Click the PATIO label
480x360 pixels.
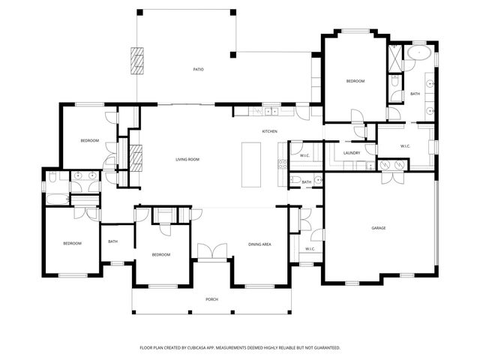pyautogui.click(x=198, y=69)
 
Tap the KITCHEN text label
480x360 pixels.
pyautogui.click(x=269, y=131)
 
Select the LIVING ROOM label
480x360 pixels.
pyautogui.click(x=187, y=159)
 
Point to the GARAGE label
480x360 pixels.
pyautogui.click(x=379, y=227)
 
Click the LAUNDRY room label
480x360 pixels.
pyautogui.click(x=352, y=153)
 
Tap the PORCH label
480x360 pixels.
pyautogui.click(x=212, y=299)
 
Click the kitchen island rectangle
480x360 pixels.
pyautogui.click(x=251, y=163)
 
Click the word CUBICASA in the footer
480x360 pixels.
pyautogui.click(x=214, y=347)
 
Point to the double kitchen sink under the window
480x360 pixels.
pyautogui.click(x=266, y=112)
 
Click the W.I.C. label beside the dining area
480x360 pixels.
pyautogui.click(x=310, y=248)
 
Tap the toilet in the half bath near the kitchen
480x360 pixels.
pyautogui.click(x=318, y=179)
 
